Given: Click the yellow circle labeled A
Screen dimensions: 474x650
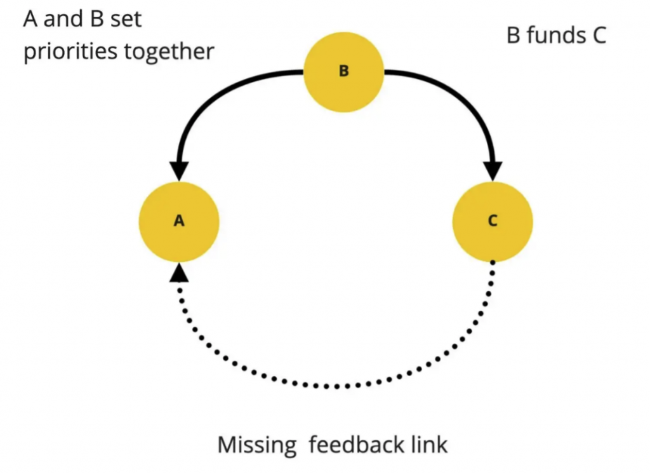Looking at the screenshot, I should [x=179, y=220].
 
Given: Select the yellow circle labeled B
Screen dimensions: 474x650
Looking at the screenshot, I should [x=343, y=71].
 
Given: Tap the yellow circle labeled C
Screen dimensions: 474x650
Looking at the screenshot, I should [x=493, y=220].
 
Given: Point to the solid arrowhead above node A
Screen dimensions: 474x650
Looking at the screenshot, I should [x=180, y=170].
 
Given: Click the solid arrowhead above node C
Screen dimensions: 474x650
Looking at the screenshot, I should [x=493, y=170].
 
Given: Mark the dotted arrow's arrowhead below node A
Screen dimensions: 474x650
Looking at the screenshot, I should [x=180, y=273].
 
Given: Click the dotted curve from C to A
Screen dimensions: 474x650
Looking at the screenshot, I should [x=336, y=386].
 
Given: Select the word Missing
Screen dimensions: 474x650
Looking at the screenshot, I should [x=257, y=445].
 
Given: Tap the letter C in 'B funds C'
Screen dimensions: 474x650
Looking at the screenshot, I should [x=597, y=35].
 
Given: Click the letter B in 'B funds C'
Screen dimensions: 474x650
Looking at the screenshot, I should [x=514, y=35].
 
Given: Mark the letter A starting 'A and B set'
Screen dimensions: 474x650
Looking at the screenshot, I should [x=30, y=18].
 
